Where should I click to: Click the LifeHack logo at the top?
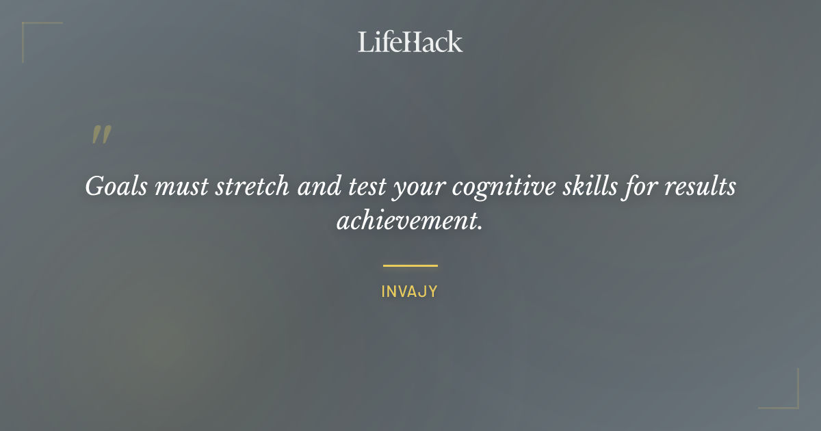[x=410, y=42]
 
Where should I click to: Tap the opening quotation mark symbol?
[x=101, y=135]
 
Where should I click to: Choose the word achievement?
[x=405, y=221]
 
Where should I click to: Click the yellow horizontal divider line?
[x=410, y=265]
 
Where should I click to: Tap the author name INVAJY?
[x=410, y=292]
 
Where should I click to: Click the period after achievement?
[x=481, y=227]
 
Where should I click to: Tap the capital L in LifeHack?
[x=365, y=42]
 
